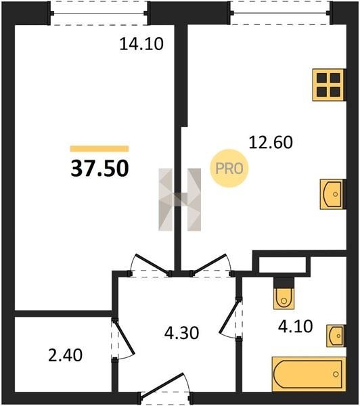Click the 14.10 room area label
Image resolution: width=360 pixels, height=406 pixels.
tap(141, 44)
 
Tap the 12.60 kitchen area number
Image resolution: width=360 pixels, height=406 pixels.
tap(271, 142)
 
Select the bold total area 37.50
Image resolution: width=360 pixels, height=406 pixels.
tap(99, 168)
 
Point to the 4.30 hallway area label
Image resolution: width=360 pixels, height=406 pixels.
tap(181, 333)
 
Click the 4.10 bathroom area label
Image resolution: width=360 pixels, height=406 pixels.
tap(296, 326)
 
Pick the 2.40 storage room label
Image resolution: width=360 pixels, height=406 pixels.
tap(65, 355)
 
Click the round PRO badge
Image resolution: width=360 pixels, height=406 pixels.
tap(229, 168)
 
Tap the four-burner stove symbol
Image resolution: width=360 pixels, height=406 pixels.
tap(329, 85)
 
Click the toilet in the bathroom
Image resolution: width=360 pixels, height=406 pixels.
tap(284, 294)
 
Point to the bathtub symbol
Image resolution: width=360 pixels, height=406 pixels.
tap(309, 374)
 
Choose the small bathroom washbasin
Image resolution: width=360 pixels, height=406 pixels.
tap(336, 336)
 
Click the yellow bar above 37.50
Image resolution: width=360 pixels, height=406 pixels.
tap(99, 149)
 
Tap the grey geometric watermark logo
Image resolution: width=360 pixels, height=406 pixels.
tap(180, 200)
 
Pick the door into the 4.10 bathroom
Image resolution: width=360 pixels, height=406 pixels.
tap(231, 318)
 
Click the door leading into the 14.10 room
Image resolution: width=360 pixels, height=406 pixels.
tap(151, 265)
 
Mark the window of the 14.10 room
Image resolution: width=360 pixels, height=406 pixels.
tap(99, 14)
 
